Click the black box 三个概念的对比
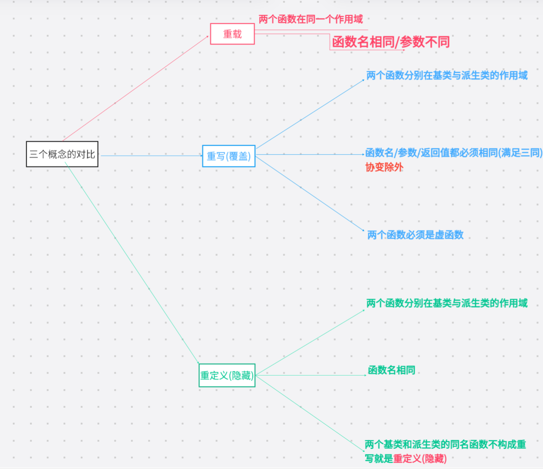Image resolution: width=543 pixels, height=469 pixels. click(x=62, y=154)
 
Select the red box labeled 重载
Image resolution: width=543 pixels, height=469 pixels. click(x=232, y=34)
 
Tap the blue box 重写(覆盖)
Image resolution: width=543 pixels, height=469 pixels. click(x=229, y=156)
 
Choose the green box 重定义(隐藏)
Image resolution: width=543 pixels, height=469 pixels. click(x=227, y=375)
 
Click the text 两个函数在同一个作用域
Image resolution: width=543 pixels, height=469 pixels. click(x=311, y=19)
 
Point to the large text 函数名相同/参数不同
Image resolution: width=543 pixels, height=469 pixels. click(x=391, y=42)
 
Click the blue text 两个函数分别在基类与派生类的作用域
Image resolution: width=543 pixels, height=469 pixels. click(x=447, y=75)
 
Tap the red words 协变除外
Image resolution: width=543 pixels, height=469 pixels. click(x=384, y=167)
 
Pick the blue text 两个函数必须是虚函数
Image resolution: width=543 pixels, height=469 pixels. click(x=415, y=235)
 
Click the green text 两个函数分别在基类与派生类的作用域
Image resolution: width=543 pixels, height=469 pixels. click(x=447, y=303)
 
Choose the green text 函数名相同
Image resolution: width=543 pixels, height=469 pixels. click(x=391, y=370)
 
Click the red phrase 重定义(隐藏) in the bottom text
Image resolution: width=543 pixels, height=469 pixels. click(x=420, y=459)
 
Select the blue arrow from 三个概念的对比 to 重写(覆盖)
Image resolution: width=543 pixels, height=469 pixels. click(x=150, y=155)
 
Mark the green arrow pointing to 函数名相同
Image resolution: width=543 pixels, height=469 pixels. click(x=311, y=375)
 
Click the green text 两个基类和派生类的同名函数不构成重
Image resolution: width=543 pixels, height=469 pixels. click(x=445, y=444)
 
